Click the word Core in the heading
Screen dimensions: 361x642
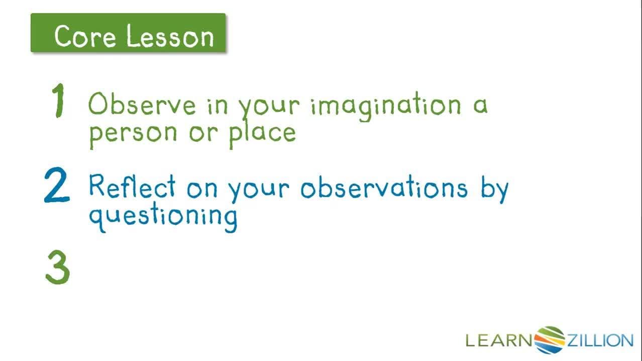coord(85,37)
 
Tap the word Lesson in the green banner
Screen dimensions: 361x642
coord(170,37)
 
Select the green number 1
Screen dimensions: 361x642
coord(59,101)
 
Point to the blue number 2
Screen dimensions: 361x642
coord(56,186)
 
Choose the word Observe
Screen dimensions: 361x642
coord(135,105)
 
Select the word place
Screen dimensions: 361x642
coord(262,133)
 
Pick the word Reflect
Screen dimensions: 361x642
coord(132,187)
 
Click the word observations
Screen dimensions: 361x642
coord(383,188)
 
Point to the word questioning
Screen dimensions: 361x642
coord(163,217)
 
